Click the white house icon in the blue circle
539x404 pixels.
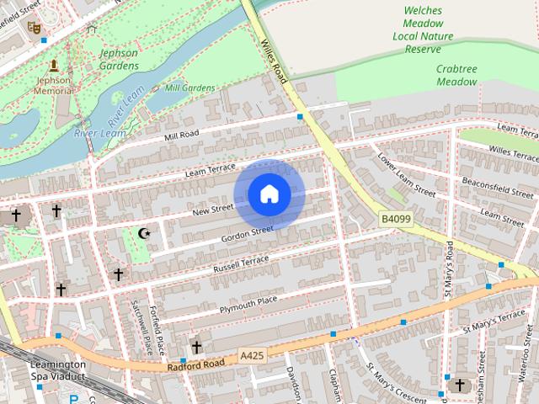269,194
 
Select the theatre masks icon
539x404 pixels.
35,28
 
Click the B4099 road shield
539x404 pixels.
395,218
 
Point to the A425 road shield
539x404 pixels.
251,356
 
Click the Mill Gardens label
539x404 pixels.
189,88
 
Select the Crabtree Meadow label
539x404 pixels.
456,76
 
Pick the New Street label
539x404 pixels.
212,209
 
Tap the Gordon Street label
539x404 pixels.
247,230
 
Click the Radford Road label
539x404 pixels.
195,364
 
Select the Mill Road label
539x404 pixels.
181,136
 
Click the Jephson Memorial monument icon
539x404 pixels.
54,66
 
